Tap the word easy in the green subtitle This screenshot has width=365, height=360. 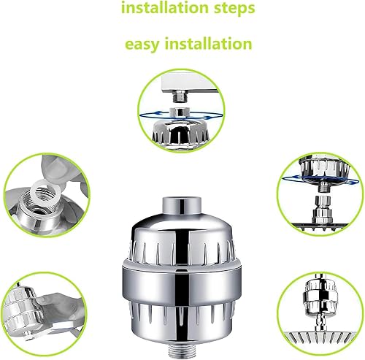144,44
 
